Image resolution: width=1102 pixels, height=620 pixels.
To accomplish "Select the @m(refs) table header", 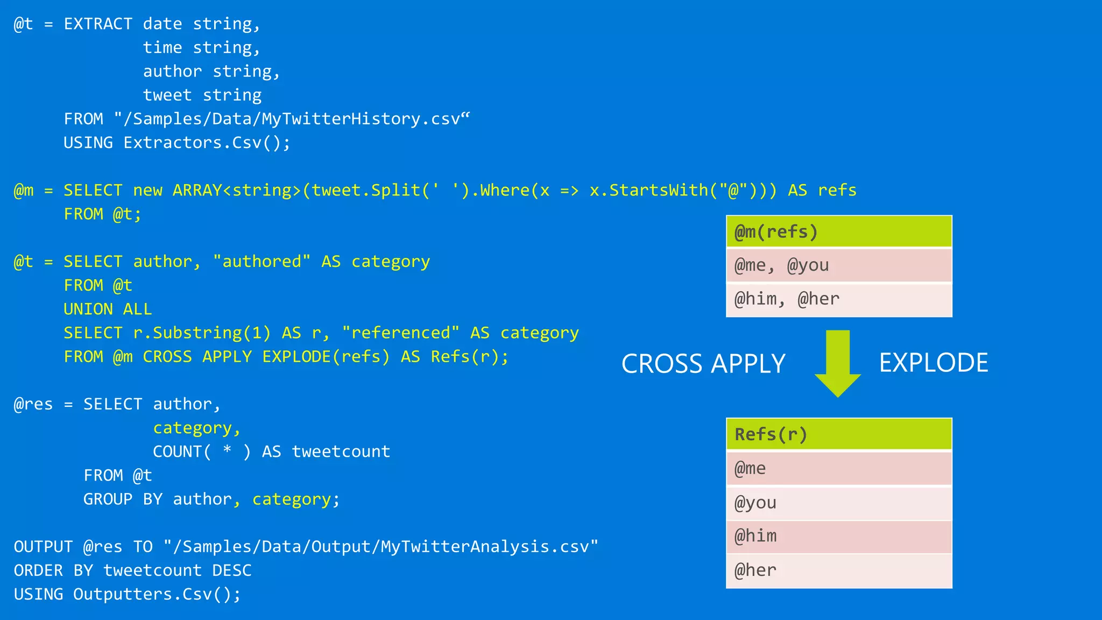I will [x=838, y=232].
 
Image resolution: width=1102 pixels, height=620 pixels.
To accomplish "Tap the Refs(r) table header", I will [x=838, y=434].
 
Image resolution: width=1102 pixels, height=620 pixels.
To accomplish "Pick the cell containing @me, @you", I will [x=838, y=265].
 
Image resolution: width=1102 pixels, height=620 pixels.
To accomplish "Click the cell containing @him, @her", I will [x=838, y=299].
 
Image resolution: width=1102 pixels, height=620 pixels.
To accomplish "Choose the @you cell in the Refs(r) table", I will [x=838, y=503].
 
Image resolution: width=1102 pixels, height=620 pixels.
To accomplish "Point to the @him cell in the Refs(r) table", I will [x=838, y=537].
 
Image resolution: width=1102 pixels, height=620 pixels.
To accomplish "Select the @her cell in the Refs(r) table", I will [x=838, y=570].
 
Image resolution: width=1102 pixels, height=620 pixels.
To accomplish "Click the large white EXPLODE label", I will [x=934, y=363].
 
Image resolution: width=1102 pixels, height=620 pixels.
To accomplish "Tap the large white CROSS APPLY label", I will [x=703, y=364].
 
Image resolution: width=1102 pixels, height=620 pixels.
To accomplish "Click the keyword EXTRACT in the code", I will [x=98, y=24].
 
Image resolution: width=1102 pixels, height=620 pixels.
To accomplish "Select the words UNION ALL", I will [x=108, y=309].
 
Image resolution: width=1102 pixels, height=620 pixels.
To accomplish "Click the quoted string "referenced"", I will [x=400, y=333].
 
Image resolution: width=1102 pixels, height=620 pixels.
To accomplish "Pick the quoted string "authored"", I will [x=262, y=262].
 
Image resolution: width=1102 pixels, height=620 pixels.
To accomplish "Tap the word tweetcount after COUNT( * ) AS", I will [x=341, y=452].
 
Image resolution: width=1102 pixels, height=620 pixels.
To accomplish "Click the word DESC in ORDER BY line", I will [x=232, y=570].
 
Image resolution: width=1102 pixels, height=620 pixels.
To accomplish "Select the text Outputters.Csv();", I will [x=157, y=595].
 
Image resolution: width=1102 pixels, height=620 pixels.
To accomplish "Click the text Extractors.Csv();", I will [x=207, y=143].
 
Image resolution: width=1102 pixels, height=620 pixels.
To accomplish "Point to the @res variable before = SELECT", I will [x=33, y=405].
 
